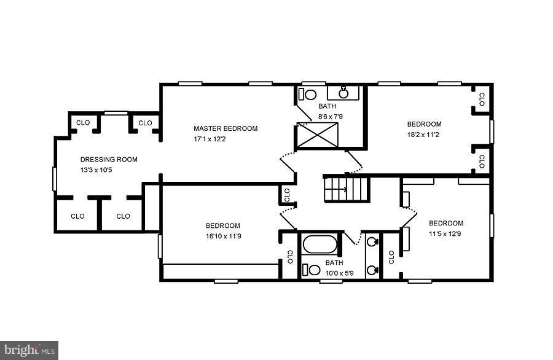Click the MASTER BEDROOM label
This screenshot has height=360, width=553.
pyautogui.click(x=226, y=128)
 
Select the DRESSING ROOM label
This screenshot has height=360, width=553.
pyautogui.click(x=109, y=159)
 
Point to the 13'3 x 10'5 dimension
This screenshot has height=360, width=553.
pyautogui.click(x=96, y=170)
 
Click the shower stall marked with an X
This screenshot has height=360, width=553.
pyautogui.click(x=317, y=135)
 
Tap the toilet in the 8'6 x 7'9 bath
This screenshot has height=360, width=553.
pyautogui.click(x=308, y=95)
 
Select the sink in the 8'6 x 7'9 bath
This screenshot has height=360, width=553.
pyautogui.click(x=344, y=93)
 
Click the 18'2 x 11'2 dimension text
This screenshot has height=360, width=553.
pyautogui.click(x=423, y=135)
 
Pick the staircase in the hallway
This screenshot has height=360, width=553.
pyautogui.click(x=347, y=188)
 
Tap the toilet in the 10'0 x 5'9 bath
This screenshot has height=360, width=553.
pyautogui.click(x=312, y=270)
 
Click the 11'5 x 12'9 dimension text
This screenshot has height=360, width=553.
pyautogui.click(x=445, y=234)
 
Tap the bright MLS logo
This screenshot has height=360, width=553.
pyautogui.click(x=29, y=351)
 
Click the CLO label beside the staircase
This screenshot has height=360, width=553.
pyautogui.click(x=287, y=195)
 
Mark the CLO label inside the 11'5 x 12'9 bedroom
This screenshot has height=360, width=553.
pyautogui.click(x=391, y=257)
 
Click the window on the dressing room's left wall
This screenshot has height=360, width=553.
pyautogui.click(x=55, y=178)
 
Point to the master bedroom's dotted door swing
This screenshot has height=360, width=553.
pyautogui.click(x=287, y=163)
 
